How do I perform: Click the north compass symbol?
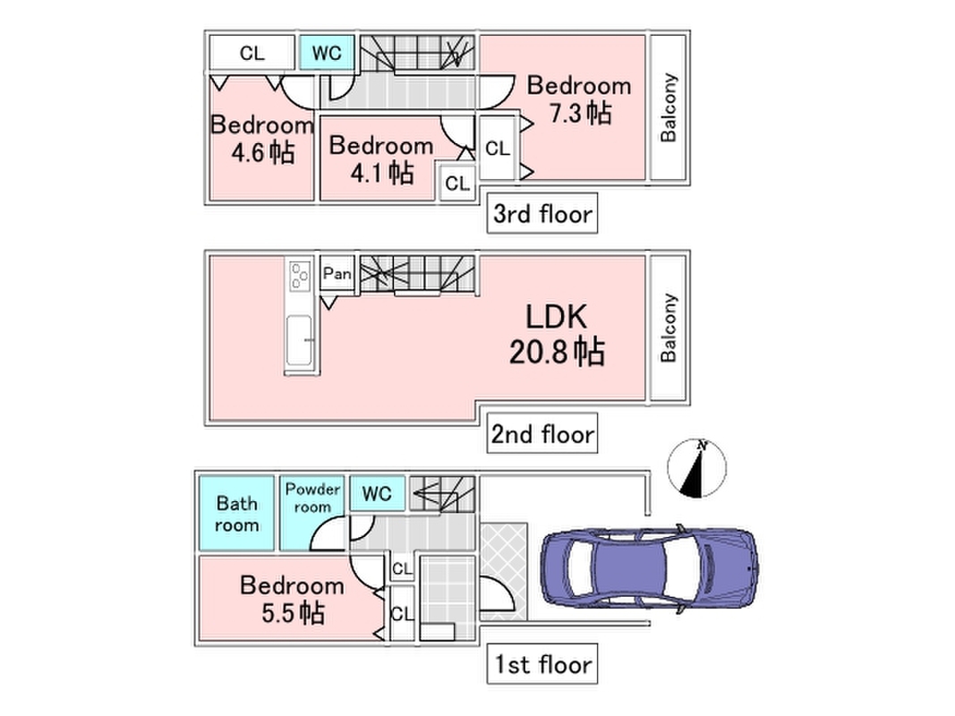(697, 469)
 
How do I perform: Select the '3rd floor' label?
(542, 215)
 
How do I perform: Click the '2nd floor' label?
(541, 435)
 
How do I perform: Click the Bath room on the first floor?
(236, 514)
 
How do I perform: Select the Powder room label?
(312, 498)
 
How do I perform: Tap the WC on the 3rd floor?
(327, 53)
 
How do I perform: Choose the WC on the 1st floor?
(377, 493)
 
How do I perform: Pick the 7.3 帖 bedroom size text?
(581, 114)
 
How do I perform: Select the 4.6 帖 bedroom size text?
(262, 152)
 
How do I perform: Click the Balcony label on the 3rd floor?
(669, 108)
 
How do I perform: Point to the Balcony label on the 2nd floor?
(669, 328)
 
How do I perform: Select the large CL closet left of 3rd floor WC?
(252, 53)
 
